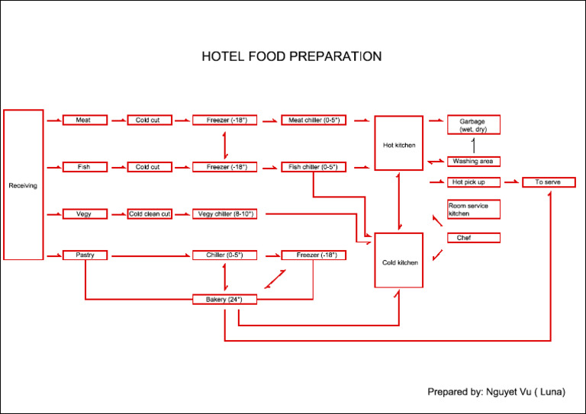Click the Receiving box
(x=23, y=185)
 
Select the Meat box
(x=84, y=120)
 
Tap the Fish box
(x=84, y=167)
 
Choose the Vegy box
(x=84, y=214)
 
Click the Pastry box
(x=84, y=255)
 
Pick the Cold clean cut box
(x=150, y=214)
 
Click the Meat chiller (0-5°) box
(x=314, y=120)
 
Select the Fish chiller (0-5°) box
(x=314, y=167)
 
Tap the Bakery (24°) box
(x=224, y=300)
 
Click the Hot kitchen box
(x=398, y=143)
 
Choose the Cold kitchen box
(x=398, y=261)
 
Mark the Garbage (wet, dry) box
(x=473, y=125)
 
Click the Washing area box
(x=473, y=162)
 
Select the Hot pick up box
(x=473, y=182)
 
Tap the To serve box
(x=548, y=182)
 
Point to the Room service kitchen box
(x=473, y=210)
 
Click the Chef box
(x=473, y=238)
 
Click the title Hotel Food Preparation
(x=291, y=56)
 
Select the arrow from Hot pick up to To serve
(x=510, y=182)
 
